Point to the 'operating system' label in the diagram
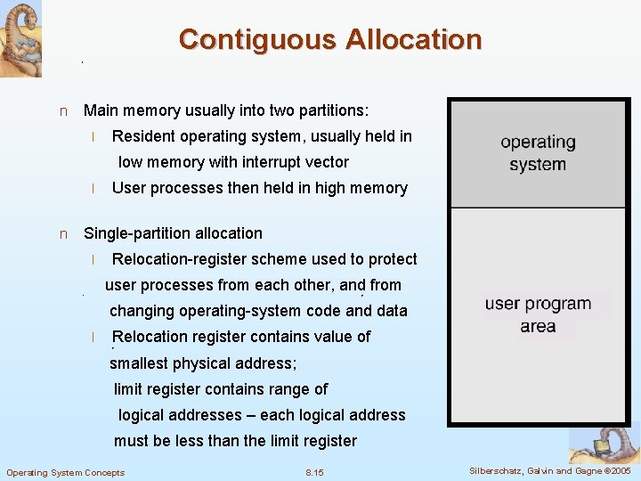pos(538,153)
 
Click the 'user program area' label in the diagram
pos(538,315)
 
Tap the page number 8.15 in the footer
pos(314,472)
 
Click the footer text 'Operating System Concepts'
pos(66,472)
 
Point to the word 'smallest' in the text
pos(140,363)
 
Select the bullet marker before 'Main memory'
pos(62,111)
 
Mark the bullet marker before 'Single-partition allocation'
pos(62,234)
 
